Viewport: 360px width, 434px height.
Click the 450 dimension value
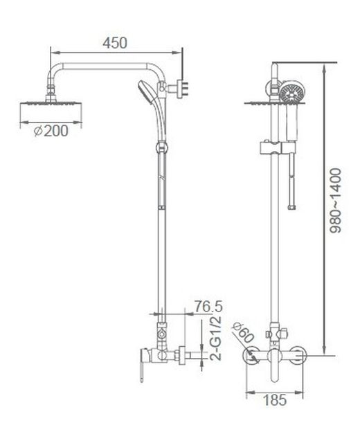[x=116, y=43]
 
